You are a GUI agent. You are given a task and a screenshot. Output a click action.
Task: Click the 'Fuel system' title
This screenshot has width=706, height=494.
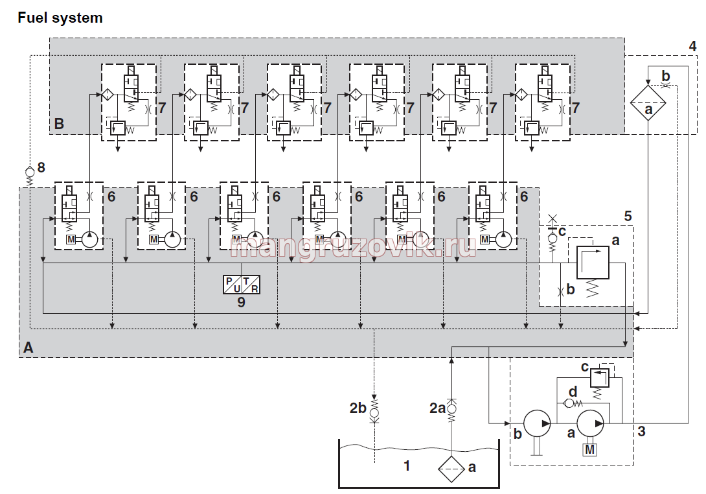pos(60,18)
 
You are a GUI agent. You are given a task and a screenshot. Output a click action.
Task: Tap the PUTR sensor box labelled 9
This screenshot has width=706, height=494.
pos(242,285)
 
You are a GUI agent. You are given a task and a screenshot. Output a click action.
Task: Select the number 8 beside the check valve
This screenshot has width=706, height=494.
pos(41,168)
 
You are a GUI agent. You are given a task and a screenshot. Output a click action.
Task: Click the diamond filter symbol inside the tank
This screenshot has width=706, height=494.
pos(451,469)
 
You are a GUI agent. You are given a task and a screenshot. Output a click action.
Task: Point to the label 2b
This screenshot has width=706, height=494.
pos(358,408)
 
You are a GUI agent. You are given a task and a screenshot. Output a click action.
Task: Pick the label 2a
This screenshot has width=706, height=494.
pos(437,408)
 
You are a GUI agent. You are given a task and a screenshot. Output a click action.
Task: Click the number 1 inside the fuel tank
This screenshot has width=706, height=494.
pos(407,465)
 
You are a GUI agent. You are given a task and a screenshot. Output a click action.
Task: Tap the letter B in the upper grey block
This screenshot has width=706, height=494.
pos(59,123)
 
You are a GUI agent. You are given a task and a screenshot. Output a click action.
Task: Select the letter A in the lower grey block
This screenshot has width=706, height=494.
pos(28,347)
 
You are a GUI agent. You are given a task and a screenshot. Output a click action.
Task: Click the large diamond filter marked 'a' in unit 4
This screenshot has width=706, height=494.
pos(648,103)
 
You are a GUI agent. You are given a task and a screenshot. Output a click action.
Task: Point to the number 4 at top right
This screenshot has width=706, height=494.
pos(692,46)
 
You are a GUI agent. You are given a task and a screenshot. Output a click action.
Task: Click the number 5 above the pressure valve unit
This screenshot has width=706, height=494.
pos(628,217)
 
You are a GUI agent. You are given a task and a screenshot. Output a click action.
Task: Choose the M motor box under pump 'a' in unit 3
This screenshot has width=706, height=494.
pos(590,449)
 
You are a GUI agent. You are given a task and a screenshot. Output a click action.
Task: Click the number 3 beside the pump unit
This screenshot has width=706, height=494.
pos(642,431)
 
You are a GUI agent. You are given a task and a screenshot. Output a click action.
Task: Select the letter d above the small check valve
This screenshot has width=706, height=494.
pos(573,392)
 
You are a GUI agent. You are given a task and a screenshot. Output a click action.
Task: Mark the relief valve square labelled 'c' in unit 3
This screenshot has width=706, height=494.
pos(599,378)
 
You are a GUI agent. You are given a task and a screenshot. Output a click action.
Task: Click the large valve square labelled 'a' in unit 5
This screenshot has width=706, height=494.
pos(593,263)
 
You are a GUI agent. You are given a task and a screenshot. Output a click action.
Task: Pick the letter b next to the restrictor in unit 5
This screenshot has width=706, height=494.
pos(571,289)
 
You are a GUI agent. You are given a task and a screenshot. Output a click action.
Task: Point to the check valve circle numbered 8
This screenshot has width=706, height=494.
pos(30,172)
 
